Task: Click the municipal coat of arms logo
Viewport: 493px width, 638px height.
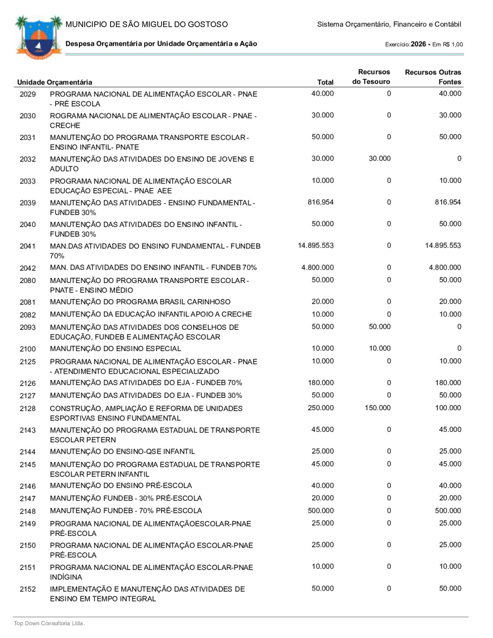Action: (x=38, y=37)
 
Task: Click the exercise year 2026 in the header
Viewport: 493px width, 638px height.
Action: (x=418, y=44)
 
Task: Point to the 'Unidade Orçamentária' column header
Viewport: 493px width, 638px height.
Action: (x=54, y=82)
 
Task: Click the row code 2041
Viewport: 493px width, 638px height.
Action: (x=28, y=246)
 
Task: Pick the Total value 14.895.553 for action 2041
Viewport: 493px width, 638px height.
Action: (x=316, y=246)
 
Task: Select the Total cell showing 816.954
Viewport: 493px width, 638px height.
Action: (x=320, y=202)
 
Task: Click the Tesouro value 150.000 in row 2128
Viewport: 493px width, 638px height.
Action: (x=378, y=408)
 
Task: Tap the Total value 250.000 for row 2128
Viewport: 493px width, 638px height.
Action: (x=320, y=408)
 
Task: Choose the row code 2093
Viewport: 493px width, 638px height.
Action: (x=28, y=327)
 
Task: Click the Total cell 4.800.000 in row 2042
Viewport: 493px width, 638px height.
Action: (x=317, y=267)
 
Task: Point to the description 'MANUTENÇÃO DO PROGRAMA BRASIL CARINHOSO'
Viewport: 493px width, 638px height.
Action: (x=140, y=302)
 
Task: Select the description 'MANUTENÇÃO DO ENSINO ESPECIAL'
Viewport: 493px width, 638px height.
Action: (x=115, y=349)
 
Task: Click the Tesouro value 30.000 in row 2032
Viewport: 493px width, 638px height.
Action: (x=380, y=159)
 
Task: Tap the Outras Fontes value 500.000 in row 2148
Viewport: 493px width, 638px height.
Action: (x=448, y=511)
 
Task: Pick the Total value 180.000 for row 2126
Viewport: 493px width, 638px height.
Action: (x=320, y=383)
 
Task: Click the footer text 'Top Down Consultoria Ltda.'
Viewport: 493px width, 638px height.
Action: (x=49, y=623)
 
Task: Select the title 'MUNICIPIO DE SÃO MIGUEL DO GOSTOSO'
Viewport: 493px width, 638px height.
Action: (x=146, y=24)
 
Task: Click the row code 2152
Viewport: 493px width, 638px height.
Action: (x=28, y=589)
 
